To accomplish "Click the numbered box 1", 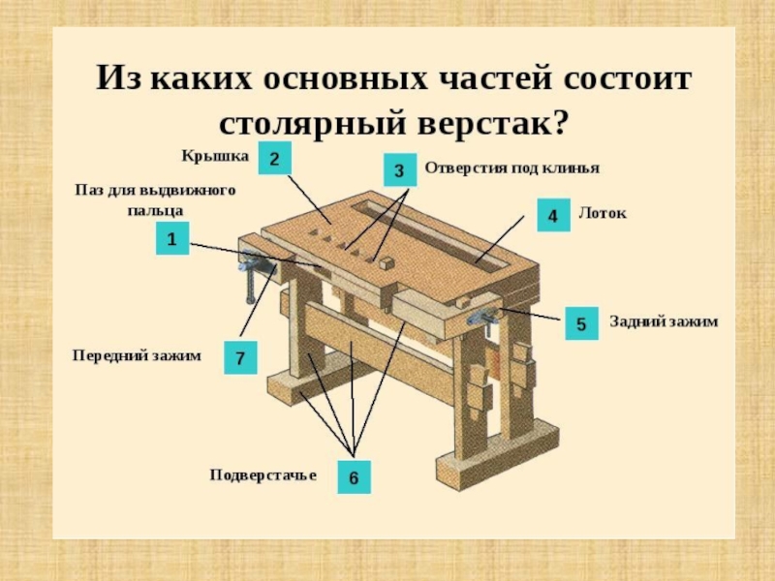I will [171, 239].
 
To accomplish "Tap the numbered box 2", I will [274, 158].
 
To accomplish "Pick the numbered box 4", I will [553, 215].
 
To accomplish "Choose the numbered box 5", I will [581, 323].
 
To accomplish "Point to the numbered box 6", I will [354, 477].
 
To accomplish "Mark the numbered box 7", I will [239, 358].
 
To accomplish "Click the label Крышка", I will [215, 155].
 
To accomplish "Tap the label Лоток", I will [602, 213].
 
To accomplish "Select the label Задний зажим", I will [664, 321].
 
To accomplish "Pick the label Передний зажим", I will [137, 355].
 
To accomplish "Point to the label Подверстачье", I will [263, 474].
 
